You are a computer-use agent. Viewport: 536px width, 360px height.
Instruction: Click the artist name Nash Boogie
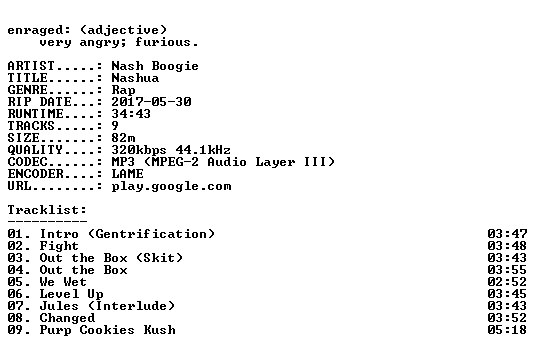[155, 66]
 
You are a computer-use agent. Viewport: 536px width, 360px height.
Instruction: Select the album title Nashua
[135, 78]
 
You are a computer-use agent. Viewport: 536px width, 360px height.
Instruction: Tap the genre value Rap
[123, 90]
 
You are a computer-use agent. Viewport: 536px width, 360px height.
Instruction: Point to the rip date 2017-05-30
[151, 102]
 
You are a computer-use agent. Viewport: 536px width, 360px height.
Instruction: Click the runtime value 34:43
[131, 114]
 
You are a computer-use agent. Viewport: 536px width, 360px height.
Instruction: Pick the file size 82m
[123, 138]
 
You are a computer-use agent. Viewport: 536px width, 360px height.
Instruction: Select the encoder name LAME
[127, 174]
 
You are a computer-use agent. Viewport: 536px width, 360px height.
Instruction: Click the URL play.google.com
[171, 187]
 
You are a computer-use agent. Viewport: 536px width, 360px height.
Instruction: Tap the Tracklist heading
[47, 210]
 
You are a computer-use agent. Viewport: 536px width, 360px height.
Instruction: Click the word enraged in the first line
[35, 30]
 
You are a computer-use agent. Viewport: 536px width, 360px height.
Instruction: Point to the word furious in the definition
[163, 42]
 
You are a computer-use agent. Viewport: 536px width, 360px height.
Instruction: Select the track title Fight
[59, 246]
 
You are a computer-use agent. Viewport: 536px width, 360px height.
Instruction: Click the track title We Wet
[63, 282]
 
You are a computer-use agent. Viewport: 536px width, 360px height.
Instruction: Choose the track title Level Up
[71, 294]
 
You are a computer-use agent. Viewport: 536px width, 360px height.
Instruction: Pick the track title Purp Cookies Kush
[107, 330]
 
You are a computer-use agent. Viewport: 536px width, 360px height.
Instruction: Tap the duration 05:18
[507, 330]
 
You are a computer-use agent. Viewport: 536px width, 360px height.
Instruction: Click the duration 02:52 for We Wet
[507, 282]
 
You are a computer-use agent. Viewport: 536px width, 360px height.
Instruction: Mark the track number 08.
[15, 318]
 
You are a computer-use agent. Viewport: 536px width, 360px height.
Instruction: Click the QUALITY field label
[35, 150]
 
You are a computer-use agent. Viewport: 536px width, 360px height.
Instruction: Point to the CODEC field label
[27, 162]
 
